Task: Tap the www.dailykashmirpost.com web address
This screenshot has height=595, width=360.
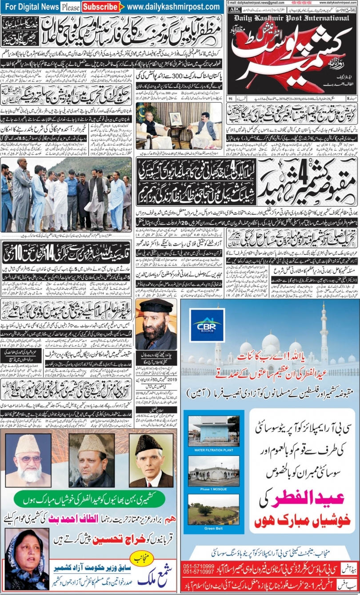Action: (174, 7)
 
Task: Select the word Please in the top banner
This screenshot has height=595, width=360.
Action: (70, 8)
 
